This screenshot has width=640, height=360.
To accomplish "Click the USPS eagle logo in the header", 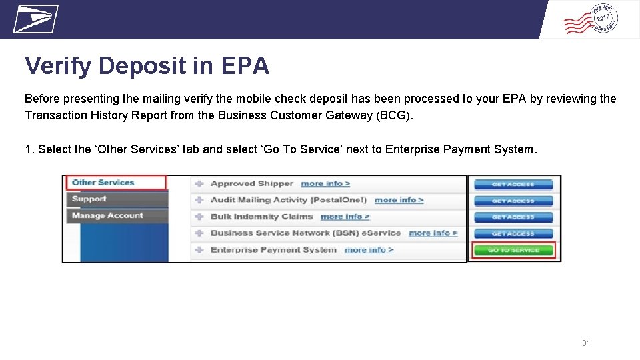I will tap(35, 19).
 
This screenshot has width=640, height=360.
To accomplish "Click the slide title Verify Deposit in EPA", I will tap(147, 66).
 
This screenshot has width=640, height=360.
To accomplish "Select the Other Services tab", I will tap(103, 183).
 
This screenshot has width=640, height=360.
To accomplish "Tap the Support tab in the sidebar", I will tap(89, 199).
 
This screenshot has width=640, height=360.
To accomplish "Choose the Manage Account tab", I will tap(107, 215).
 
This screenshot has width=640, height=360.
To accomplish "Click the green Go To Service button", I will tap(513, 251).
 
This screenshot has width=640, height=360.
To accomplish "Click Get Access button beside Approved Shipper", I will tap(513, 184).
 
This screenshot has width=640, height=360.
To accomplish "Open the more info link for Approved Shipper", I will tap(325, 184).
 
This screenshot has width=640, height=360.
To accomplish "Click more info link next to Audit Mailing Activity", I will tap(399, 200).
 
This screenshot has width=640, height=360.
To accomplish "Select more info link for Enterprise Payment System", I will tap(369, 250).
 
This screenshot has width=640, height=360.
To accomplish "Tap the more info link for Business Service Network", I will tap(433, 233).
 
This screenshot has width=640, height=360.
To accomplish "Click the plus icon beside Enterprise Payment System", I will tap(199, 250).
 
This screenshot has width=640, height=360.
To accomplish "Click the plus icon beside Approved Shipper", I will tap(199, 184).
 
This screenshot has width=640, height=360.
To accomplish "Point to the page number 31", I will tap(586, 343).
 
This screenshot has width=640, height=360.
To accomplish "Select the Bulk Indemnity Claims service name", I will tap(261, 217).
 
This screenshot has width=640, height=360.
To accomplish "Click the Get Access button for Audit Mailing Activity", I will tap(513, 201).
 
